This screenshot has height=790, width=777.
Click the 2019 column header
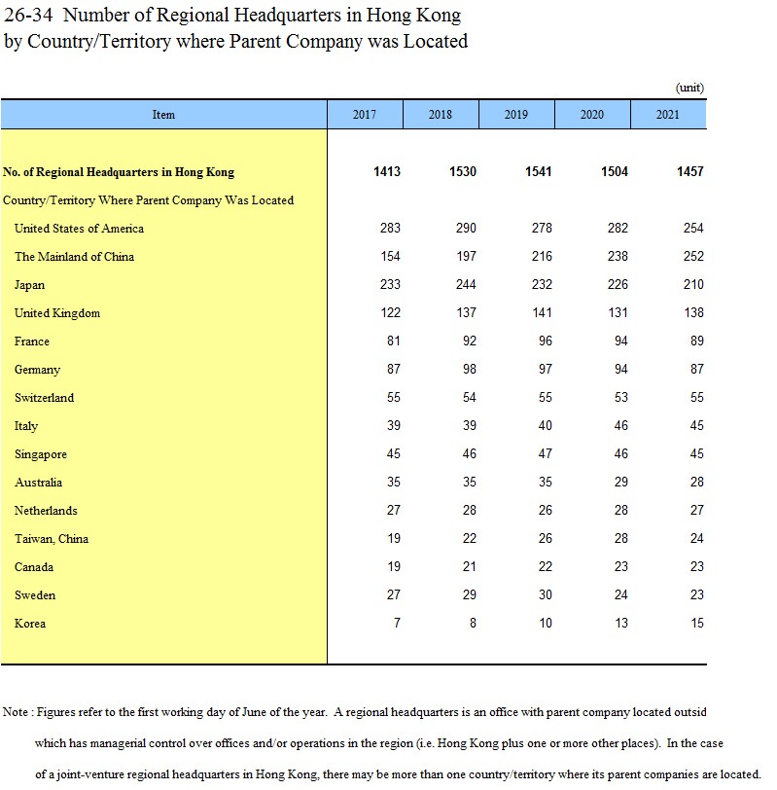pyautogui.click(x=516, y=115)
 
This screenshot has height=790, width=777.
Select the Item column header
pyautogui.click(x=163, y=115)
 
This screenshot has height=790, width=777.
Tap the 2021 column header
pyautogui.click(x=668, y=115)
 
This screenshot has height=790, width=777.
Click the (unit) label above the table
pyautogui.click(x=689, y=88)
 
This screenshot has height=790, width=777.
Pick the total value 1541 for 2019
pyautogui.click(x=538, y=172)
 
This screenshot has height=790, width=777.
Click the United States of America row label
pyautogui.click(x=79, y=229)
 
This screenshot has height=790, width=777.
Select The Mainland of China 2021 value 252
pyautogui.click(x=690, y=257)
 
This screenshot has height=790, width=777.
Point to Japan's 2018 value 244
pyautogui.click(x=466, y=285)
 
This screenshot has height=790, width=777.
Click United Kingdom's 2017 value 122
pyautogui.click(x=390, y=313)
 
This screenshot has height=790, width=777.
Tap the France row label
pyautogui.click(x=32, y=341)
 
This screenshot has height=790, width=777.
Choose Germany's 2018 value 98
pyautogui.click(x=470, y=370)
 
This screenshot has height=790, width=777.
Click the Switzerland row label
pyautogui.click(x=44, y=398)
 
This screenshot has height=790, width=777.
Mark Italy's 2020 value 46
pyautogui.click(x=621, y=426)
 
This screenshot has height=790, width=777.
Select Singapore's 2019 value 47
pyautogui.click(x=546, y=454)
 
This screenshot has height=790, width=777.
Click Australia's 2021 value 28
pyautogui.click(x=696, y=483)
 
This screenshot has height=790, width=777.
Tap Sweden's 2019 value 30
pyautogui.click(x=546, y=595)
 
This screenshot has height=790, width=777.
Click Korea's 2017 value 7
pyautogui.click(x=397, y=624)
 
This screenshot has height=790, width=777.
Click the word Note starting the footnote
pyautogui.click(x=16, y=713)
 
